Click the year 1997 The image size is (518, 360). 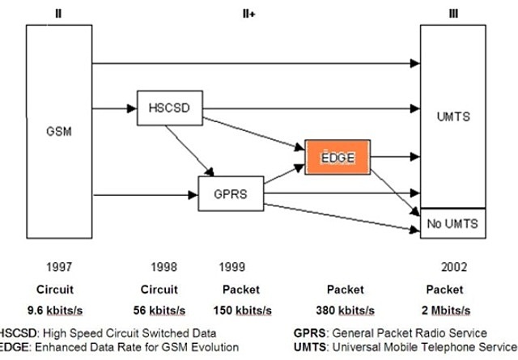click(61, 266)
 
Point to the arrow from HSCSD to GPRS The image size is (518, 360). click(188, 149)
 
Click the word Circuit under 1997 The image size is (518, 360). click(61, 289)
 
